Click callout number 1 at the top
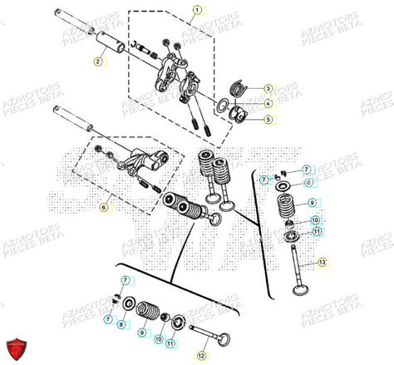(x=196, y=11)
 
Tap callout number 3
(x=268, y=88)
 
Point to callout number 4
(x=268, y=103)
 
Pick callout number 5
(x=268, y=119)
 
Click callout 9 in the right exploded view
(x=312, y=203)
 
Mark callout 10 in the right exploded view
(x=315, y=220)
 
